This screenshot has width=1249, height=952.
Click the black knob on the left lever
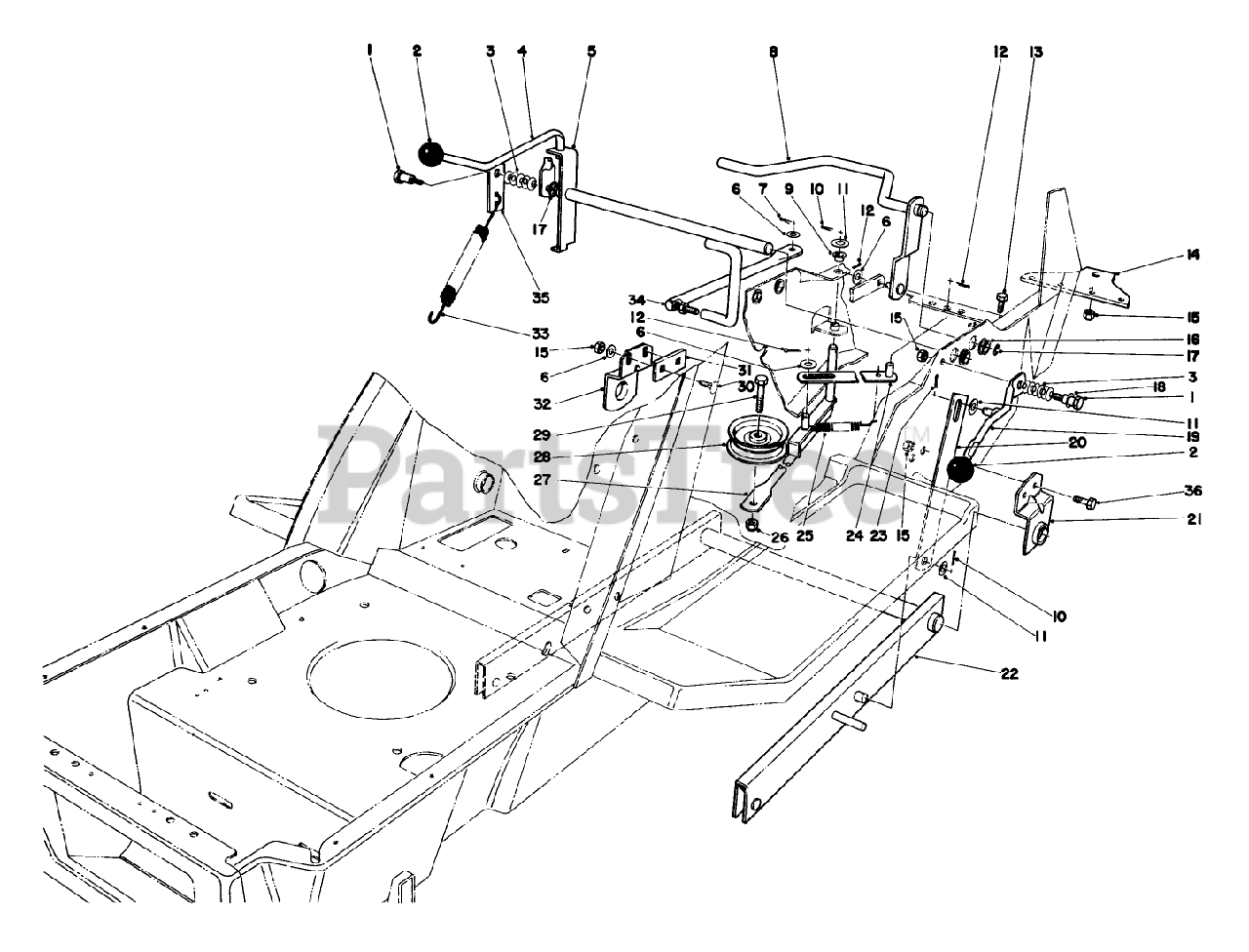[x=430, y=153]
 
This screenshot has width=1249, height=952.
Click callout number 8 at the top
[x=773, y=57]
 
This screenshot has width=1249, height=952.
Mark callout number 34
[x=635, y=299]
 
